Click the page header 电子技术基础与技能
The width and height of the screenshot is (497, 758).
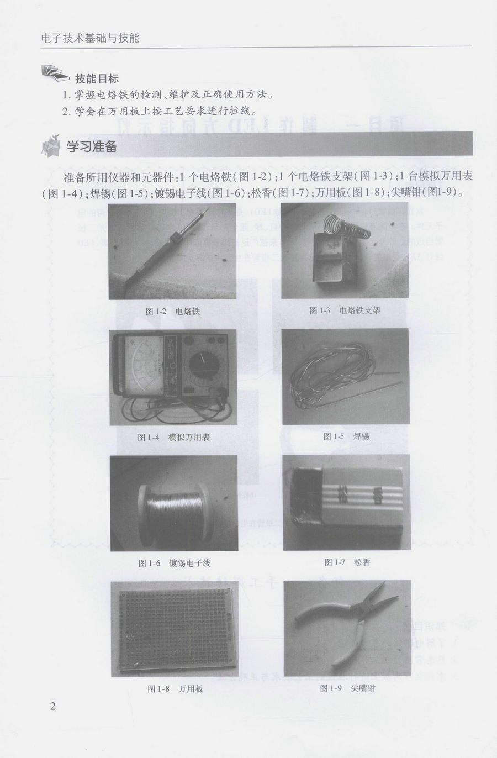90,38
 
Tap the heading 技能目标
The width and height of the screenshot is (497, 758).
97,78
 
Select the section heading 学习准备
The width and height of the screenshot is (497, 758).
92,147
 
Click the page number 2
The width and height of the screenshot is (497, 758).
52,706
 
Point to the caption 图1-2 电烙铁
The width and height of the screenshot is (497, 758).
172,311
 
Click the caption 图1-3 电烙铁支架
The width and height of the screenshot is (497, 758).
345,310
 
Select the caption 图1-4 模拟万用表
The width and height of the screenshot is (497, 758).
173,437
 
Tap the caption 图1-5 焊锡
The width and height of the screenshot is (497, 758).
346,436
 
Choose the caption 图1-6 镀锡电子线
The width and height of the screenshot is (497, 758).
174,564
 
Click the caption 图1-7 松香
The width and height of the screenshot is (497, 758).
347,562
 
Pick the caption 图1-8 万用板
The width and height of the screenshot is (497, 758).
175,689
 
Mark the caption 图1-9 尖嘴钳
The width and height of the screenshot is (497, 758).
347,688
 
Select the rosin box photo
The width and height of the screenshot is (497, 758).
346,503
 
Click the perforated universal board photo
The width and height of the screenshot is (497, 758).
175,629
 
